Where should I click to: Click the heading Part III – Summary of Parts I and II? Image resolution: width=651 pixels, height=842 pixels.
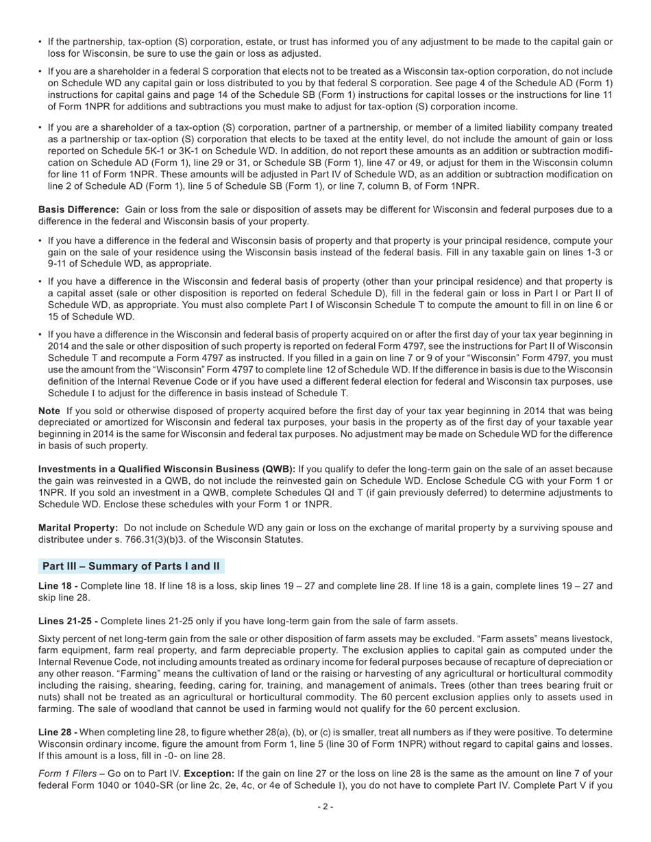pyautogui.click(x=131, y=566)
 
